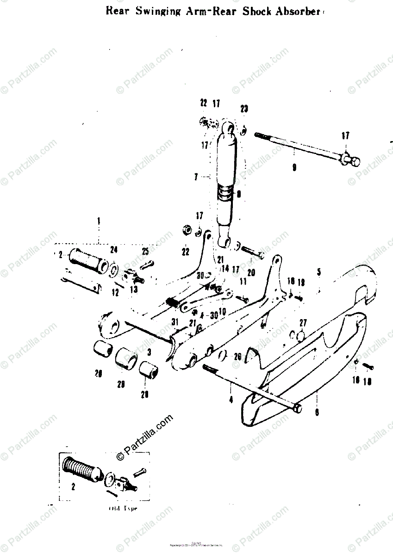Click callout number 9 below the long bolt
294,169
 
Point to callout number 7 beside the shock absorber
196,177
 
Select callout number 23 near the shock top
244,109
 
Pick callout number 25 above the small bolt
145,252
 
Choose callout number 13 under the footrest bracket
134,290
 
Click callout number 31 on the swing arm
174,322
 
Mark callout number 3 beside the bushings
149,352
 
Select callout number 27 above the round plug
303,322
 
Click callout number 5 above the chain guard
318,272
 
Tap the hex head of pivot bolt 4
298,409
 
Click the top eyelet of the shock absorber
228,126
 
